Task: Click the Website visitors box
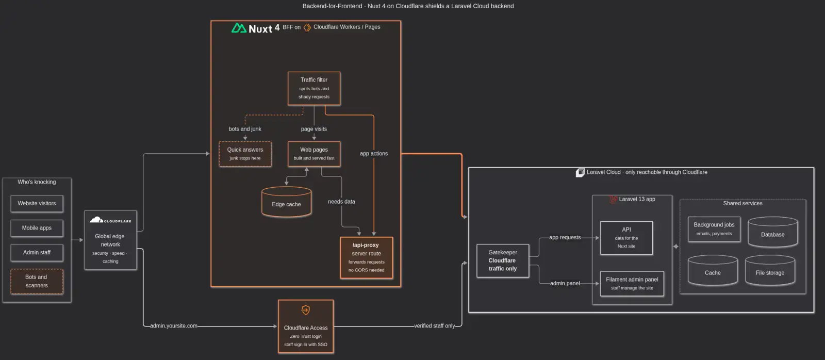(x=37, y=203)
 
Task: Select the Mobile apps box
(x=37, y=228)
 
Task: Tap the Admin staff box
(x=37, y=252)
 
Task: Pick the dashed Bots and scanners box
(x=37, y=281)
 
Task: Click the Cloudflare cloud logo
(x=96, y=220)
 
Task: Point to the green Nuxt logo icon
(x=239, y=28)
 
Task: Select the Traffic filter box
(x=314, y=88)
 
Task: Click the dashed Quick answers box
(x=245, y=154)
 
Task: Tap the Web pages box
(x=314, y=154)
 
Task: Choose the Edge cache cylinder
(x=286, y=202)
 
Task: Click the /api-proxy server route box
(x=367, y=257)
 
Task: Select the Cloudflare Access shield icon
(x=306, y=310)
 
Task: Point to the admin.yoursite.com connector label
(x=173, y=326)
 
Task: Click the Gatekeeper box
(x=503, y=260)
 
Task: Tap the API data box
(x=626, y=238)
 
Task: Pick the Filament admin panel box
(x=632, y=283)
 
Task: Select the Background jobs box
(x=714, y=229)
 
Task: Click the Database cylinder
(x=773, y=232)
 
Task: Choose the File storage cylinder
(x=770, y=270)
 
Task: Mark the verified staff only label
(x=435, y=326)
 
